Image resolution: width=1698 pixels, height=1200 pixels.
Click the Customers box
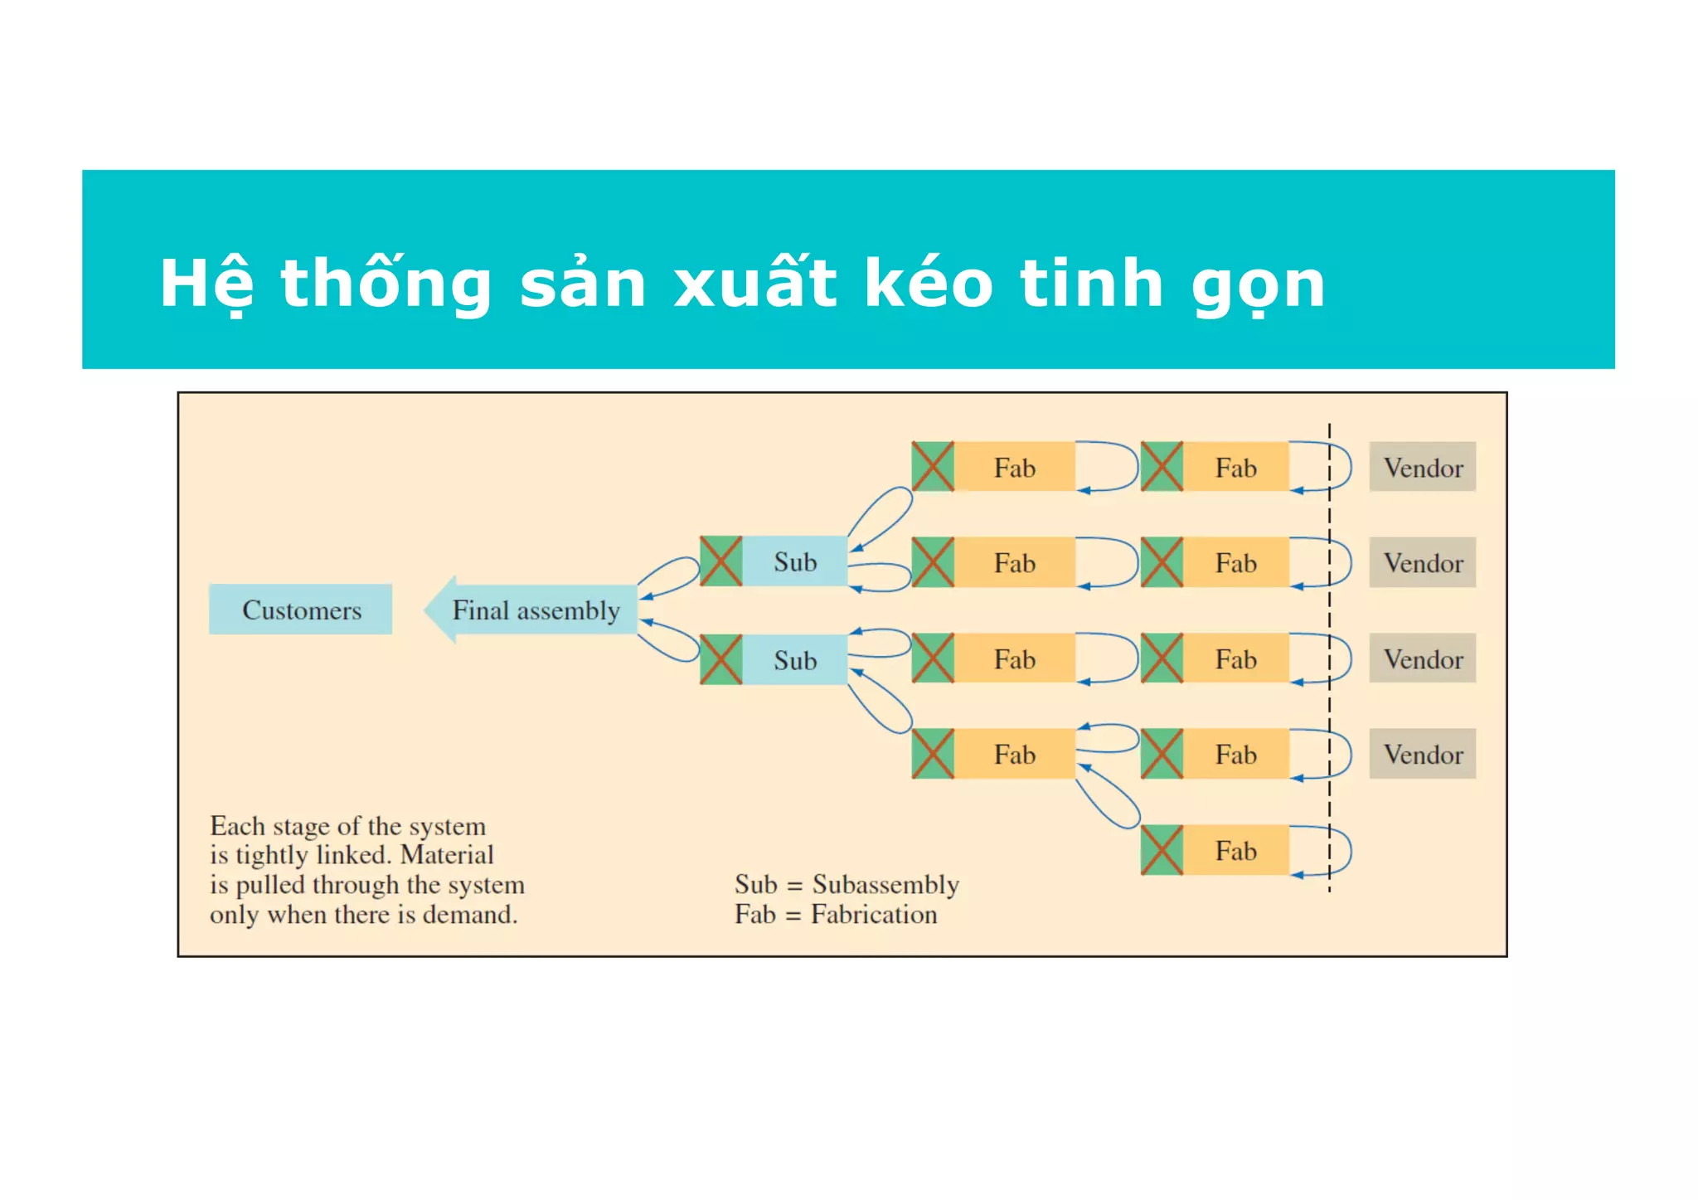coord(300,610)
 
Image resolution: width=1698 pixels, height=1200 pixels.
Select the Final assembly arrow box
coord(535,610)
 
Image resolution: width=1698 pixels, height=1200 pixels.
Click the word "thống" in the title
coord(386,284)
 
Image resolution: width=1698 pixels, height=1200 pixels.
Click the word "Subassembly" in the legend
coord(885,885)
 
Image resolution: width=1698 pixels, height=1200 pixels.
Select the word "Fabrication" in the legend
coord(874,915)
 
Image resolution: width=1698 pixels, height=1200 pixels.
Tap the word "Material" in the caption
coord(447,855)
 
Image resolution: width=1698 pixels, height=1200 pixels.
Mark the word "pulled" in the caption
coord(273,886)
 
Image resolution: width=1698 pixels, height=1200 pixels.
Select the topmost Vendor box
coord(1422,467)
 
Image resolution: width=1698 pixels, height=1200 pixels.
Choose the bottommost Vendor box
coord(1422,754)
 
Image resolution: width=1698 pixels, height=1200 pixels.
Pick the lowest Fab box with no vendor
coord(1235,850)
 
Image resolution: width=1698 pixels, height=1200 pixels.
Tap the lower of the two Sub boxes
coord(794,660)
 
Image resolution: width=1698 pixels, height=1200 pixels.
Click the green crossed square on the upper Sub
coord(720,561)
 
